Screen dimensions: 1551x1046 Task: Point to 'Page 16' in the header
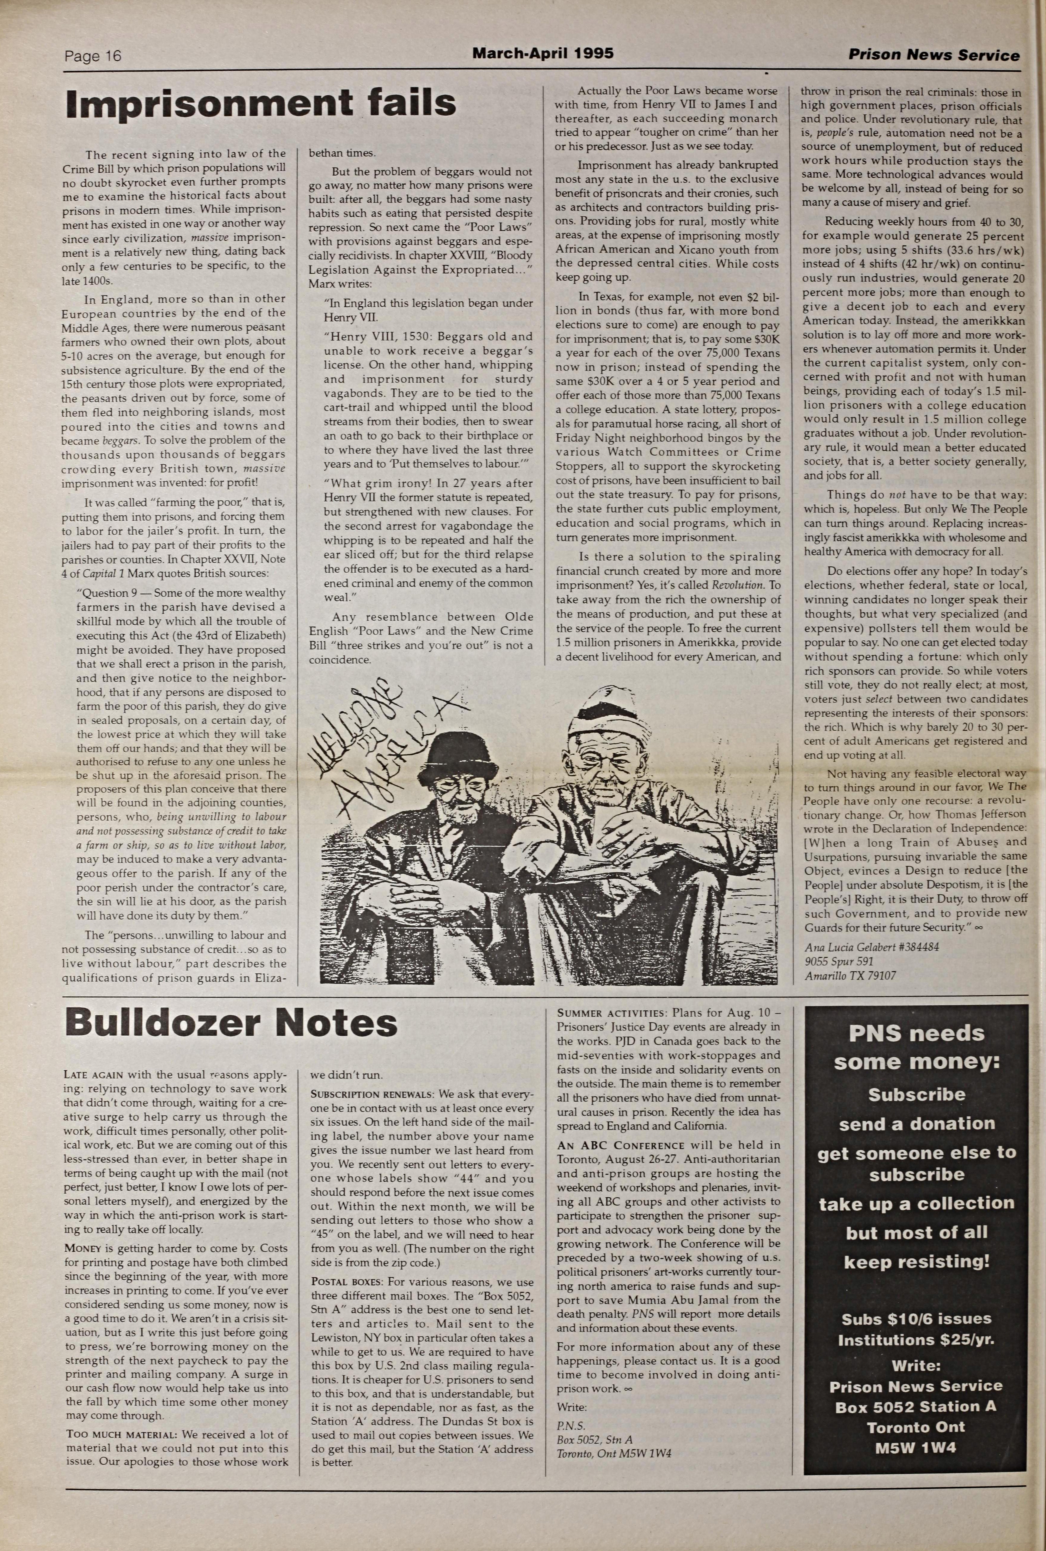(x=93, y=56)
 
